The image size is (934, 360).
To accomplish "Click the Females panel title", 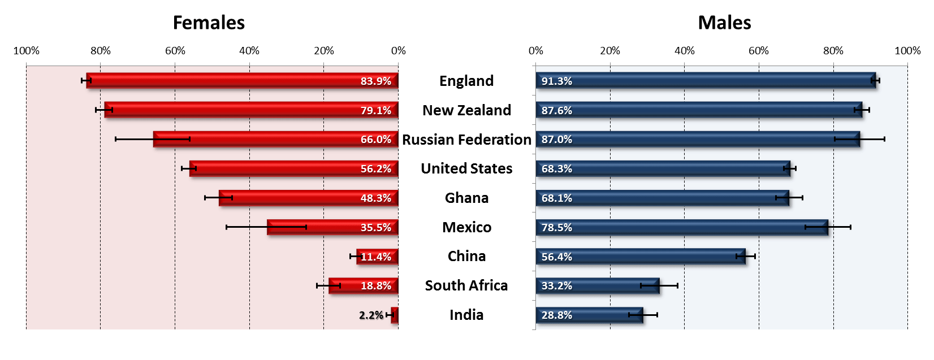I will click(x=209, y=23).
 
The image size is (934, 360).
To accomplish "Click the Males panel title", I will click(x=724, y=23).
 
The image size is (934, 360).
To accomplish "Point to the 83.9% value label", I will click(x=376, y=81).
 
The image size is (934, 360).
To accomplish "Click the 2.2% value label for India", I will click(x=371, y=315).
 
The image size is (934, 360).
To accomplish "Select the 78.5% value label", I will click(x=557, y=228).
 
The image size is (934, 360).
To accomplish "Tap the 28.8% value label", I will click(x=557, y=315).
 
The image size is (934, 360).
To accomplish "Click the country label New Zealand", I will click(x=466, y=110).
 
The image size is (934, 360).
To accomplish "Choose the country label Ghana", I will click(x=466, y=198).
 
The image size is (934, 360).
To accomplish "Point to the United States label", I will click(x=466, y=168).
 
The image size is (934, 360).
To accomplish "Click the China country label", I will click(x=466, y=256).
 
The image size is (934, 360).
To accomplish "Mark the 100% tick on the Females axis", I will click(x=27, y=51).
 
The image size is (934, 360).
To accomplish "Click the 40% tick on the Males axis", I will click(x=684, y=51).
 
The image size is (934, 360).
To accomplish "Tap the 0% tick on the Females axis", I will click(x=398, y=51).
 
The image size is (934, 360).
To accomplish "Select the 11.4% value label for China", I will click(x=376, y=257).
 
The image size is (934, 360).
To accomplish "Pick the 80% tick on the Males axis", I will click(x=833, y=51).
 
